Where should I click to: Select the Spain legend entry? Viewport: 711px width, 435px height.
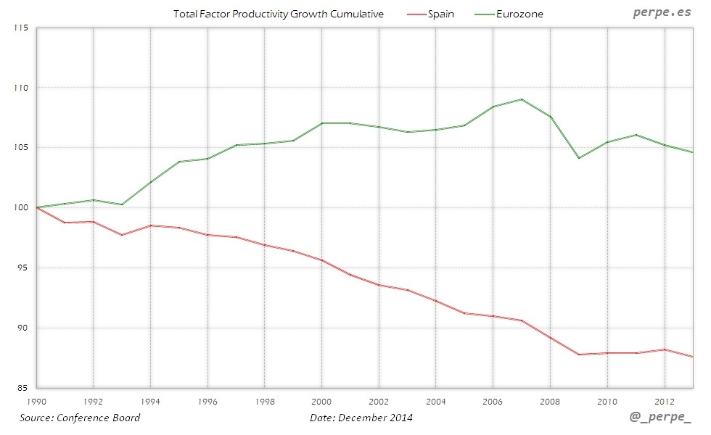coord(440,14)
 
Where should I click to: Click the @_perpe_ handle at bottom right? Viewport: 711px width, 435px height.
coord(662,419)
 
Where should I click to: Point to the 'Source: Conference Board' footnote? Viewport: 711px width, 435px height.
coord(80,418)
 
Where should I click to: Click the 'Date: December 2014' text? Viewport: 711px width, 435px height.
coord(361,418)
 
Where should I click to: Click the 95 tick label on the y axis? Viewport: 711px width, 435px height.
coord(22,268)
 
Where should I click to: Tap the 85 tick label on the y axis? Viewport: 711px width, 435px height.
coord(22,388)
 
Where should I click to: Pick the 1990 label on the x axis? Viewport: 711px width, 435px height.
coord(36,401)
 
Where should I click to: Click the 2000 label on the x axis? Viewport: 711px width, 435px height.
coord(321,401)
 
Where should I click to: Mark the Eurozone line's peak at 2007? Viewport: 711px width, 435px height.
coord(522,99)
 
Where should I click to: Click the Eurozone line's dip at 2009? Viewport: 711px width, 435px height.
coord(579,158)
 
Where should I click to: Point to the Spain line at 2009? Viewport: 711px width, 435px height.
coord(579,355)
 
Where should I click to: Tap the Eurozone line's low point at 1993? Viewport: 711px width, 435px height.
coord(122,204)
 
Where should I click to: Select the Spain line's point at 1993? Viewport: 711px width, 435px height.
coord(122,235)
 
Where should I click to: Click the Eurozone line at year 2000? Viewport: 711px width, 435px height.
coord(321,123)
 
